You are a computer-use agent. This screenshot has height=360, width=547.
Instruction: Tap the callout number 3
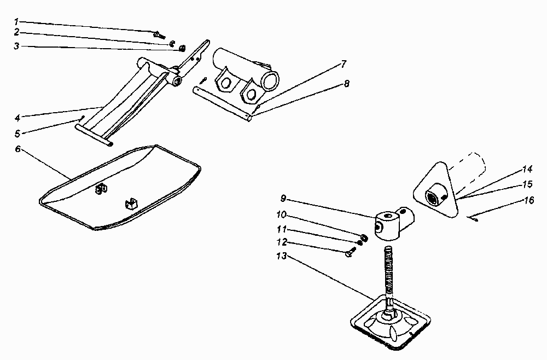click(x=17, y=47)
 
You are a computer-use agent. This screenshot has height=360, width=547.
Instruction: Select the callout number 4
click(x=17, y=117)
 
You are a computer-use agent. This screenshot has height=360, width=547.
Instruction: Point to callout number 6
click(x=18, y=149)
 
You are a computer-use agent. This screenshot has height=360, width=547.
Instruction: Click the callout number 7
click(x=343, y=63)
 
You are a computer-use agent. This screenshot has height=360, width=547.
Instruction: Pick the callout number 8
click(x=346, y=84)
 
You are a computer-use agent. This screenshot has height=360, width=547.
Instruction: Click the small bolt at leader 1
click(x=160, y=34)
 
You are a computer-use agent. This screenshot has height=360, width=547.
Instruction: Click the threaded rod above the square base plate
click(x=389, y=274)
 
